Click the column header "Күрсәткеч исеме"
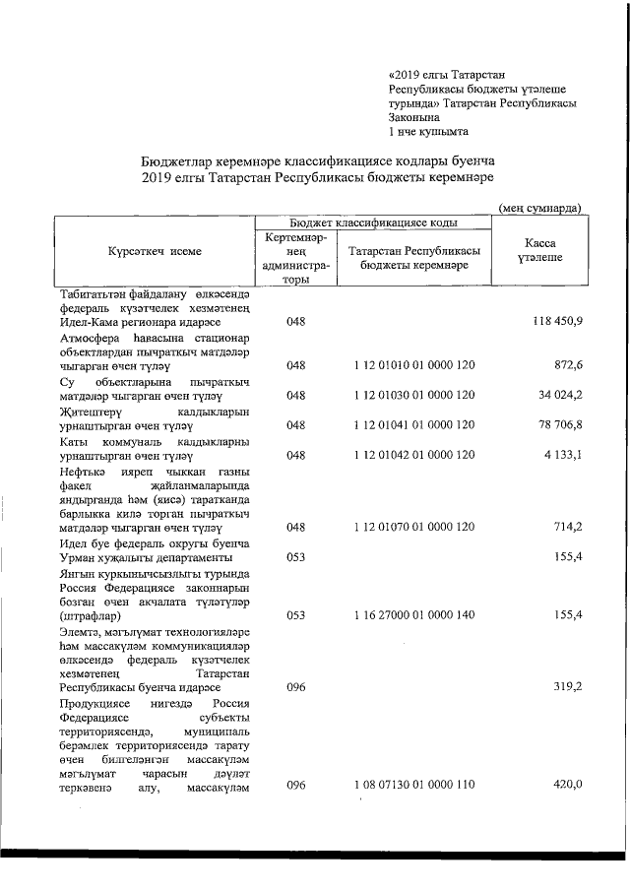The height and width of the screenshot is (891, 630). click(x=155, y=251)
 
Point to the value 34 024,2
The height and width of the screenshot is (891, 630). click(x=560, y=396)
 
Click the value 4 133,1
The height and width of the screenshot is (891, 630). click(x=563, y=456)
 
